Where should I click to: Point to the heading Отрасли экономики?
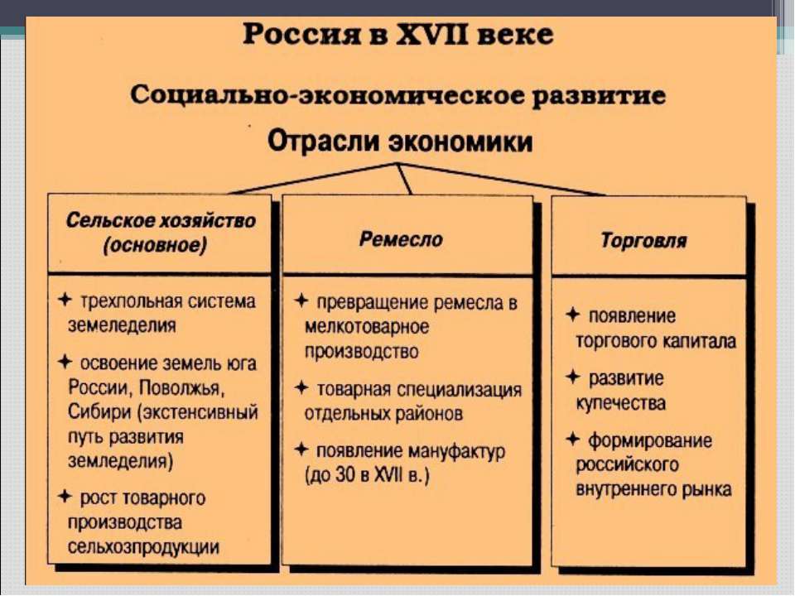(399, 141)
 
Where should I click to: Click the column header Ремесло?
(401, 239)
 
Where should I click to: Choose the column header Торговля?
(644, 240)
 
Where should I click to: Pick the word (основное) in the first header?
(155, 246)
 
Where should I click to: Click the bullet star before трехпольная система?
(65, 299)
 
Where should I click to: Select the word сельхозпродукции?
(143, 547)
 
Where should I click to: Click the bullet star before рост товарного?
(65, 496)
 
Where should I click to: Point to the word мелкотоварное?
(367, 326)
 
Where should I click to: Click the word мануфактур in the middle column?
(457, 451)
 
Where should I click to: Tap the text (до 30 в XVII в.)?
(367, 476)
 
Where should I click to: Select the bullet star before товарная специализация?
(301, 388)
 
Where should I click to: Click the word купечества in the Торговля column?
(620, 404)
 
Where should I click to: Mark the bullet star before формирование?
(572, 439)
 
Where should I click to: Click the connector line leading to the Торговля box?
(501, 180)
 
